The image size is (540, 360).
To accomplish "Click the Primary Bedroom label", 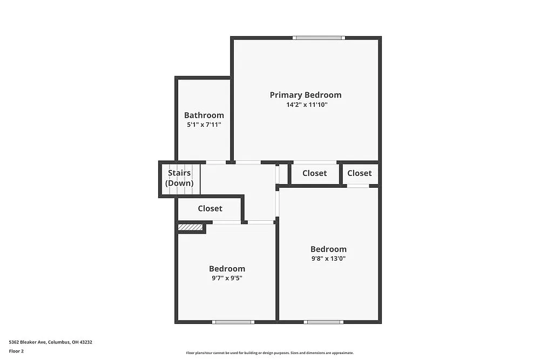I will [306, 95].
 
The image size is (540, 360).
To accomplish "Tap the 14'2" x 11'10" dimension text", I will [307, 105].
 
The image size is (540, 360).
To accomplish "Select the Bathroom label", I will [204, 115].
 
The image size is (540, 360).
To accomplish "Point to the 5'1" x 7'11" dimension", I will [204, 125].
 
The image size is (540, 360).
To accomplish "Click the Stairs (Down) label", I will [179, 178].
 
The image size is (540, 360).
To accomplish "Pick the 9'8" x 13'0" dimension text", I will [328, 259].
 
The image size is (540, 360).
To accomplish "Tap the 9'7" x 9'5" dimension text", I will [227, 278].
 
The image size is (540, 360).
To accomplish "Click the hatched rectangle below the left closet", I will [191, 228].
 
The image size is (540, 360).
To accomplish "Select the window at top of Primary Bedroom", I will [319, 38].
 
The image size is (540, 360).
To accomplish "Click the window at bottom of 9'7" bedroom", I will [233, 322].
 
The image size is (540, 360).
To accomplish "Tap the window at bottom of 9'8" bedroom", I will [323, 322].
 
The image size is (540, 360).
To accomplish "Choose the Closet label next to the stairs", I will [210, 208].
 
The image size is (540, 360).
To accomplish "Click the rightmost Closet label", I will [360, 173].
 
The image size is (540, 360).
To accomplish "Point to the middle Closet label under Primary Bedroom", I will [314, 173].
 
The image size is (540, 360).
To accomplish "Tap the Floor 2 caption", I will [16, 351].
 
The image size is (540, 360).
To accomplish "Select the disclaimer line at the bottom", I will [270, 352].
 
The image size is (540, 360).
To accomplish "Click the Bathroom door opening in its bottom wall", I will [216, 162].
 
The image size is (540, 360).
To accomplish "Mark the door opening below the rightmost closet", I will [357, 186].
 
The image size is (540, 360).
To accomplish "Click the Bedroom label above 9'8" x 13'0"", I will [328, 249].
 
